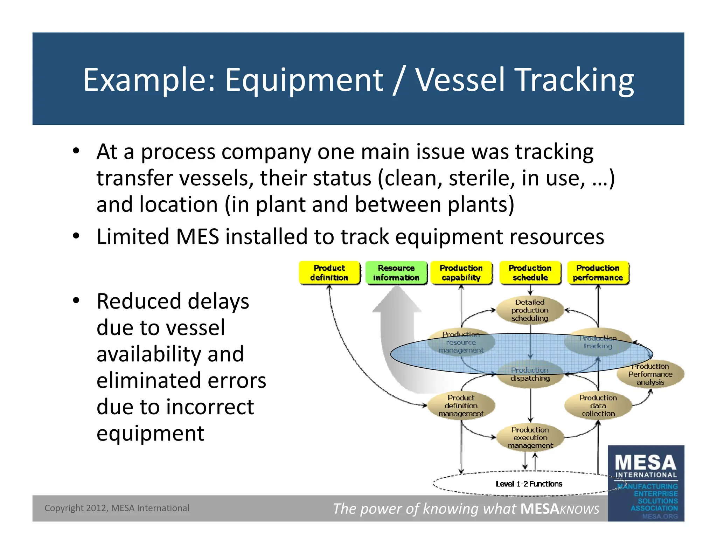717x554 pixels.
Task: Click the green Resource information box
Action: pyautogui.click(x=396, y=273)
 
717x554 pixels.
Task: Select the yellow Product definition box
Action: pyautogui.click(x=329, y=273)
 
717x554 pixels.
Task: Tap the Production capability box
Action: pyautogui.click(x=461, y=273)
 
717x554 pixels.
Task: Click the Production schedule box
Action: pyautogui.click(x=530, y=273)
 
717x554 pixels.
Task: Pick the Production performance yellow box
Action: pyautogui.click(x=598, y=273)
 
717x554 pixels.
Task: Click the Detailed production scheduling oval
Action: pyautogui.click(x=530, y=310)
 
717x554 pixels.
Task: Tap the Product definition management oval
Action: pyautogui.click(x=461, y=406)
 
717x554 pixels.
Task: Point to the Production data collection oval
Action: pyautogui.click(x=598, y=406)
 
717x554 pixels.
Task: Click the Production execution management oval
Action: pyautogui.click(x=530, y=437)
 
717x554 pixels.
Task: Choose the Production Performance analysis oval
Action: pyautogui.click(x=650, y=374)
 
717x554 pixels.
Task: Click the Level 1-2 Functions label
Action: pyautogui.click(x=529, y=484)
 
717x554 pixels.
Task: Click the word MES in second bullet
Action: pyautogui.click(x=197, y=237)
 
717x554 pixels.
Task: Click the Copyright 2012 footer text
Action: pyautogui.click(x=117, y=508)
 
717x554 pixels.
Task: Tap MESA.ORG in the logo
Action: pyautogui.click(x=660, y=516)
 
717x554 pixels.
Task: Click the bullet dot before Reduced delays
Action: pyautogui.click(x=76, y=300)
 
